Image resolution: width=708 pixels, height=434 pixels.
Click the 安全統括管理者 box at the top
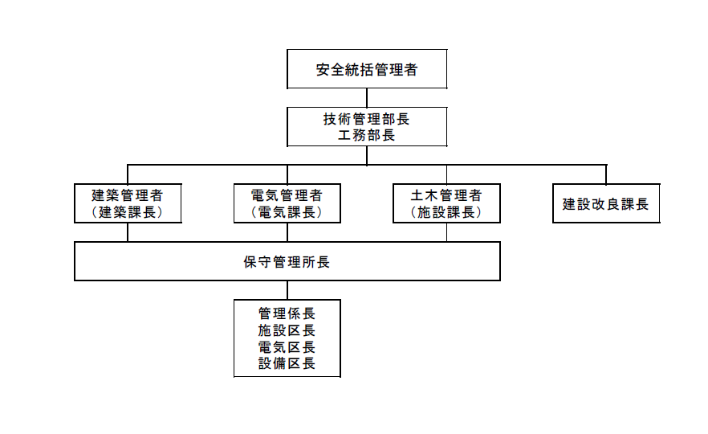(367, 69)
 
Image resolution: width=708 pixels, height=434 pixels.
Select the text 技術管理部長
(367, 119)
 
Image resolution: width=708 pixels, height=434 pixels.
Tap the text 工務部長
(367, 135)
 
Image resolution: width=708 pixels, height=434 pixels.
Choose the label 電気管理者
(287, 195)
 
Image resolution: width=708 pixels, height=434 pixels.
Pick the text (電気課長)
(287, 212)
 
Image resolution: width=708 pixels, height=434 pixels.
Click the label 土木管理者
(446, 195)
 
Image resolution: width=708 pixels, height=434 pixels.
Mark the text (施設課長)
(446, 212)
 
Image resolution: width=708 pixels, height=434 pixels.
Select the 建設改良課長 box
(605, 203)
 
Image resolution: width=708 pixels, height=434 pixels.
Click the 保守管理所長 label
(287, 262)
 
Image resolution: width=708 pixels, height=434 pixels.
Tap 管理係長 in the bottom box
(287, 313)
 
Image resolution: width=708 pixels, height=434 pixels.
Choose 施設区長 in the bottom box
(287, 330)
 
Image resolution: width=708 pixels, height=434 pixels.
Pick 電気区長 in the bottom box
(287, 347)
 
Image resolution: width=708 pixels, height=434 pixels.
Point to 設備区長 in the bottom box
(287, 364)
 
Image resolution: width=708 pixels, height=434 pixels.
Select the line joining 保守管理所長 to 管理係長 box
(287, 289)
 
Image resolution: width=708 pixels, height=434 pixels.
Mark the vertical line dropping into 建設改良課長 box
(605, 174)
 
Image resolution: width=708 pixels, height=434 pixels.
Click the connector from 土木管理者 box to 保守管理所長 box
(446, 232)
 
